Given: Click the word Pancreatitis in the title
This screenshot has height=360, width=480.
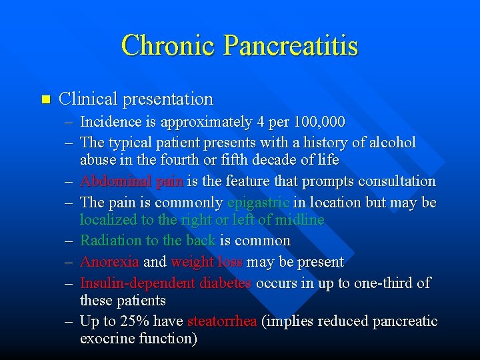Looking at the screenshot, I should click(x=291, y=45).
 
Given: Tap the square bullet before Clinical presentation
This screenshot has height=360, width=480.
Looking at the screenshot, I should click(x=45, y=99).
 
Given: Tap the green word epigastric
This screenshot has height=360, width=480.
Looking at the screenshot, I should click(x=258, y=202).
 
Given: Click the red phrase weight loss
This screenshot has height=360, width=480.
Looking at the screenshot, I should click(x=207, y=262).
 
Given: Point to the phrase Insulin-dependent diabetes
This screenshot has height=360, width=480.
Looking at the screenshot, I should click(x=165, y=283).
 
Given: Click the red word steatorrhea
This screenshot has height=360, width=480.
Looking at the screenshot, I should click(x=222, y=321).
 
